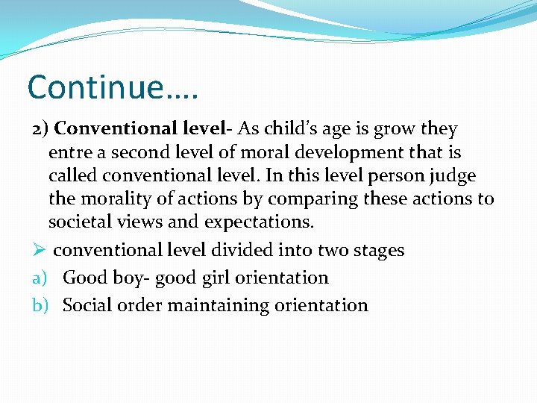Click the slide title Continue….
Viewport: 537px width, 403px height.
(113, 87)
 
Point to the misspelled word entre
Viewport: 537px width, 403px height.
(70, 153)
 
